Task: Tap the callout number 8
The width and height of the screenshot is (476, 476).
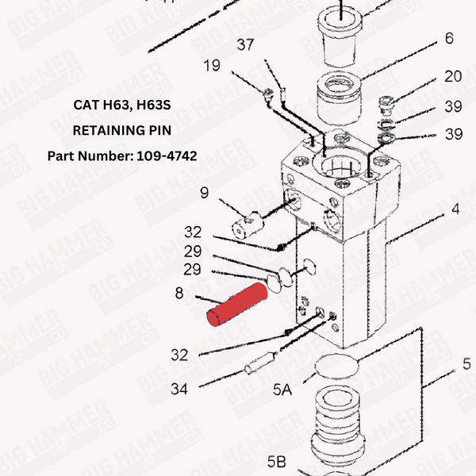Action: [179, 294]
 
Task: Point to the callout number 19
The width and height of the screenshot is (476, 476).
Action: [211, 65]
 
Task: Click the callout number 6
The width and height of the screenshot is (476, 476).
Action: [449, 38]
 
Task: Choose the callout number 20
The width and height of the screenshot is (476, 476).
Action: [453, 76]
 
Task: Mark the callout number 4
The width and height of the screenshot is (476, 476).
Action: [455, 209]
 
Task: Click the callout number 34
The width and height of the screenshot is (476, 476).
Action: [179, 389]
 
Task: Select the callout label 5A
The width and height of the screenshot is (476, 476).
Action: [283, 390]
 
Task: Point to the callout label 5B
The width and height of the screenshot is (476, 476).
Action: [277, 460]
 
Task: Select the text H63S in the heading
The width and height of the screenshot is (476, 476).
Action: [152, 104]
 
